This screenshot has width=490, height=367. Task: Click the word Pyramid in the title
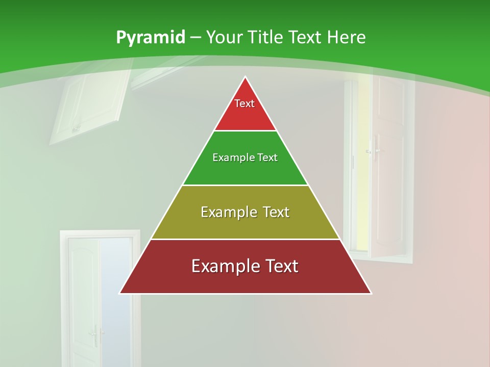click(150, 38)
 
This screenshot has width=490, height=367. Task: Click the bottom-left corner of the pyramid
click(120, 293)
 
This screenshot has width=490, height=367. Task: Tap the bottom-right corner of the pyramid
click(371, 293)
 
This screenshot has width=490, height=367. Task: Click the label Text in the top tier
click(244, 103)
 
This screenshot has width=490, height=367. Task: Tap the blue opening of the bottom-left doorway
click(116, 296)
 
